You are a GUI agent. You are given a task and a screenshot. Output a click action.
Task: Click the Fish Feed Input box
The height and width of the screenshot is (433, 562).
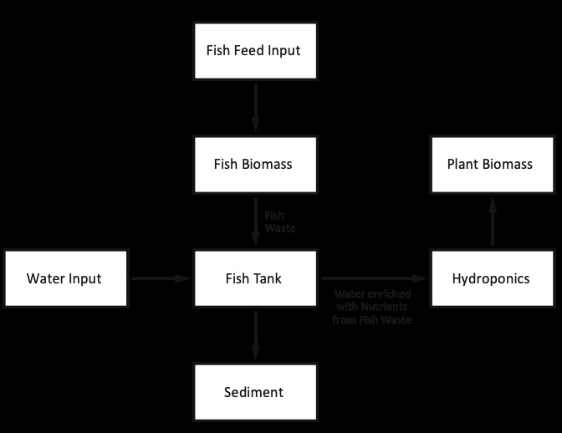256,51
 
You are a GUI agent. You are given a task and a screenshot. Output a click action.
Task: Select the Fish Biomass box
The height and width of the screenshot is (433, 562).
256,165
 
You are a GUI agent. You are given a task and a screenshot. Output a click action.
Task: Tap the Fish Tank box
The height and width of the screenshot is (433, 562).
256,278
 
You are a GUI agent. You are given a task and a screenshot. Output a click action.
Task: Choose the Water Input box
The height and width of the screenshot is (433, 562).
65,278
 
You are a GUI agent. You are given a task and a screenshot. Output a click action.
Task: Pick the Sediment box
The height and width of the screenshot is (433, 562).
256,392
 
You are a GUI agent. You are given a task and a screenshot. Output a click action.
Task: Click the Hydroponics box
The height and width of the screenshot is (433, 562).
492,278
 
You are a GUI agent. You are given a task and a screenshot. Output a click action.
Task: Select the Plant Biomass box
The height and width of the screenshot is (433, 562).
492,165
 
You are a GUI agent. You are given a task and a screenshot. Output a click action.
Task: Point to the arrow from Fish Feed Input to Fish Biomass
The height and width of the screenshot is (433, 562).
256,108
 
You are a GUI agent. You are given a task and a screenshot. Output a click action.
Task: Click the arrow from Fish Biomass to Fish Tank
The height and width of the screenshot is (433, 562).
256,222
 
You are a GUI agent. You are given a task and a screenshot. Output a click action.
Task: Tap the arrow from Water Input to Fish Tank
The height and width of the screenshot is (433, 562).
161,278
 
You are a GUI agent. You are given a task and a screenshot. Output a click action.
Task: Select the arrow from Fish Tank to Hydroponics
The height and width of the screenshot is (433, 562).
374,278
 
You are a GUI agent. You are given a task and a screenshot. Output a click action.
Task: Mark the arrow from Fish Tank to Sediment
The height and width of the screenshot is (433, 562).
256,335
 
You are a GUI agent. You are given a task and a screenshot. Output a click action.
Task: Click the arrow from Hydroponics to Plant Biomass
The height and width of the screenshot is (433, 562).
493,222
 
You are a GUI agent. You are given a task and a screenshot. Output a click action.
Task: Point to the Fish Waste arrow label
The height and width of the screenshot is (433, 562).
280,222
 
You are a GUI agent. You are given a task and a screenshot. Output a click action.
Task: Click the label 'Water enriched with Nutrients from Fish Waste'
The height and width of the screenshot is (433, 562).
372,307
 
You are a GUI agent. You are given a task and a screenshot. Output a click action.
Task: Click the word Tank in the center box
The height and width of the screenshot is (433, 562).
267,278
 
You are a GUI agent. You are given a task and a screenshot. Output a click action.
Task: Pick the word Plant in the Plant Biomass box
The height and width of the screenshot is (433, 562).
462,164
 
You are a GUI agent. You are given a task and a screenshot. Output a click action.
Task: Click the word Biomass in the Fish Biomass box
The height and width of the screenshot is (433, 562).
267,164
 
